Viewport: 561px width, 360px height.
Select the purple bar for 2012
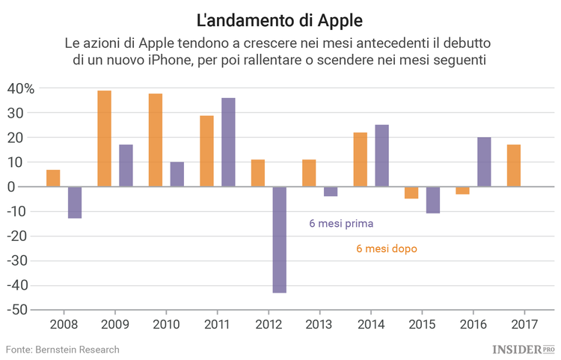pyautogui.click(x=279, y=240)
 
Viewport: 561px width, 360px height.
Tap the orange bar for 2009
pyautogui.click(x=104, y=138)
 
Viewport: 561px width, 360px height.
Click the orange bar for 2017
pyautogui.click(x=513, y=165)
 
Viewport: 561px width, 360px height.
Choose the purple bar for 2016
pyautogui.click(x=484, y=162)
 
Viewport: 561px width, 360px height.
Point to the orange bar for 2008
pyautogui.click(x=53, y=178)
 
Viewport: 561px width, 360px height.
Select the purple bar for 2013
pyautogui.click(x=331, y=192)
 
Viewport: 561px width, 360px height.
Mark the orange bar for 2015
pyautogui.click(x=411, y=192)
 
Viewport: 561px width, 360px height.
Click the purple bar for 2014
pyautogui.click(x=381, y=156)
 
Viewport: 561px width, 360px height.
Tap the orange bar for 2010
pyautogui.click(x=156, y=140)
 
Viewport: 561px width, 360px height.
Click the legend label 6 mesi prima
pyautogui.click(x=341, y=223)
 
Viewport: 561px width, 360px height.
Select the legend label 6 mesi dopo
pyautogui.click(x=387, y=248)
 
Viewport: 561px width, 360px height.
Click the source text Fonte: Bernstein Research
pyautogui.click(x=63, y=350)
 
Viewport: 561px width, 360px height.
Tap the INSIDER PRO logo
pyautogui.click(x=524, y=350)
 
